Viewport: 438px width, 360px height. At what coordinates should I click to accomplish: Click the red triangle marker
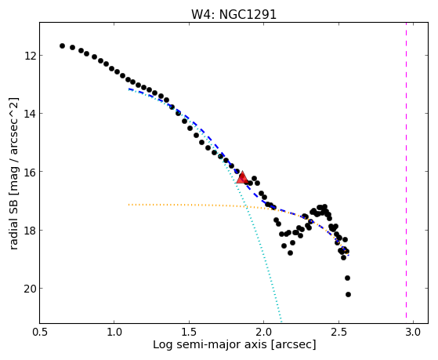242,177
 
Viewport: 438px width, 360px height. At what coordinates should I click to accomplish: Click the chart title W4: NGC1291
233,15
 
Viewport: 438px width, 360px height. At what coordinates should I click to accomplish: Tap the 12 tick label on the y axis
30,56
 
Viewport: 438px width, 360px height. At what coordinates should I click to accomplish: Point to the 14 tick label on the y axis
30,114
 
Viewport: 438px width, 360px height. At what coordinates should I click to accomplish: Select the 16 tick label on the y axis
30,172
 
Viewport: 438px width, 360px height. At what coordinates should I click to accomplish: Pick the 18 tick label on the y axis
30,231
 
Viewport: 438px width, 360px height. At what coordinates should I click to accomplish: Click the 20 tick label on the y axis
30,289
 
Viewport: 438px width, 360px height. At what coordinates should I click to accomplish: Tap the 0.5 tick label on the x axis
40,332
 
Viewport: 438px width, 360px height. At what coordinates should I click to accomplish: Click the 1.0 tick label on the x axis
114,332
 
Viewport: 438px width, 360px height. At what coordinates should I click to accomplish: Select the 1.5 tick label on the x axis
189,332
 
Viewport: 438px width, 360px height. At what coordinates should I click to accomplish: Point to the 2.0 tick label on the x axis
264,332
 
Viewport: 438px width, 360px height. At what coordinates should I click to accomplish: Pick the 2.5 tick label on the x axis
338,332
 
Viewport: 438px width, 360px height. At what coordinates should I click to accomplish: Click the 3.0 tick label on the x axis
413,332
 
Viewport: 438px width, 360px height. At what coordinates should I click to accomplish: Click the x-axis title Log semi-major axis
210,345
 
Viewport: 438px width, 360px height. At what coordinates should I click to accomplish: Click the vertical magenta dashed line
406,173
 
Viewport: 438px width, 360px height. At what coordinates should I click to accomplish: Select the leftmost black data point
62,45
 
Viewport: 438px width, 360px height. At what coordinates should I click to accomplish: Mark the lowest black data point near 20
348,294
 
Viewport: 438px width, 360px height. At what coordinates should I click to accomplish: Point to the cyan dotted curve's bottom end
281,322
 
